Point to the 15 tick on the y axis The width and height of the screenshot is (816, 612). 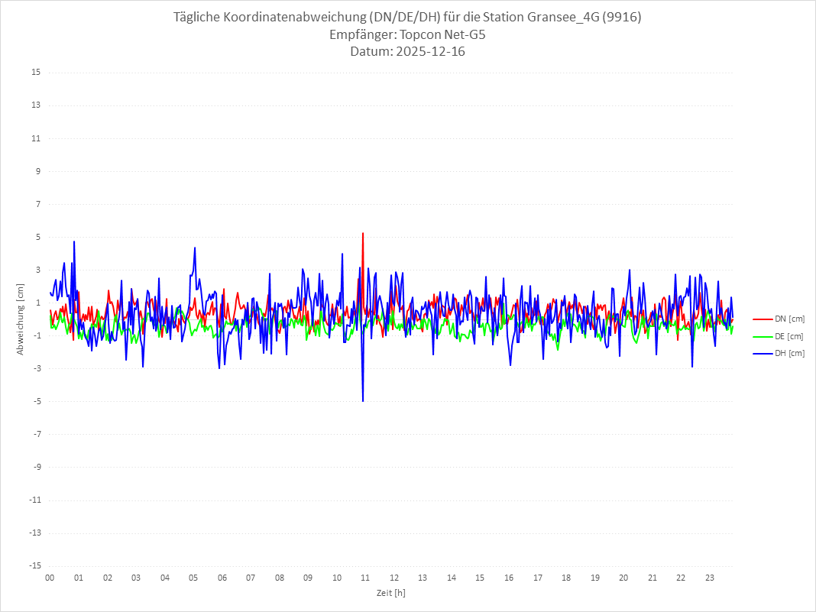coord(36,73)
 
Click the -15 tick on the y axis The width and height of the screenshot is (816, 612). coord(34,566)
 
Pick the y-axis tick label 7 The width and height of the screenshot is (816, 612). coord(37,204)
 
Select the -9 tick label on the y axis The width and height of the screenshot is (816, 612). coord(36,468)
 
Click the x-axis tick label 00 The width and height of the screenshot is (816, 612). coord(50,578)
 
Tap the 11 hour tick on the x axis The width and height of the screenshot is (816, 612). coord(365,578)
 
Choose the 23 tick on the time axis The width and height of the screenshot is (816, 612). coord(710,578)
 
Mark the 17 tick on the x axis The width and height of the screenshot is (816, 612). coord(538,578)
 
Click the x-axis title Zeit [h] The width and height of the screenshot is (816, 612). coord(390,592)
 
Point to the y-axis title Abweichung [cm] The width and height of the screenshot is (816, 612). coord(21,319)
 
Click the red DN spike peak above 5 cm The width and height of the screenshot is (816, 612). coord(363,233)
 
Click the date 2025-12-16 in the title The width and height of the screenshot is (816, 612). coord(428,52)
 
